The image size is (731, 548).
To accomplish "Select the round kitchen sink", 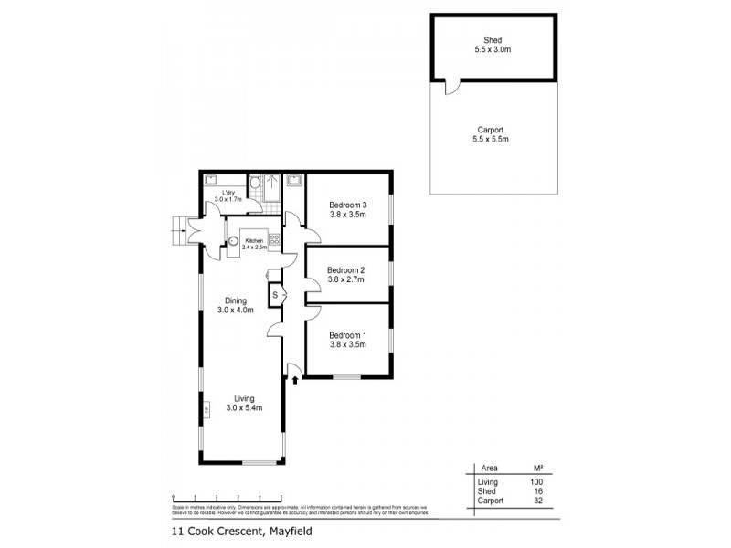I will [235, 242].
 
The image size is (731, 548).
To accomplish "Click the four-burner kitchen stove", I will [273, 239].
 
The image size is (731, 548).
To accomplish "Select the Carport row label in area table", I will [492, 501].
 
